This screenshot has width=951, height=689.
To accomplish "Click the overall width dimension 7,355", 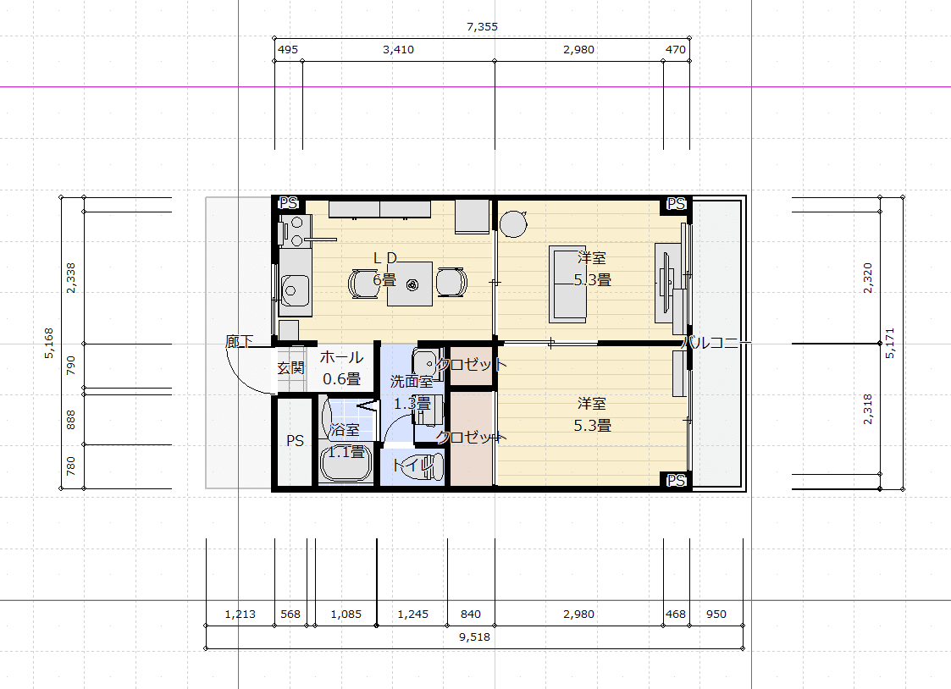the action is [482, 27].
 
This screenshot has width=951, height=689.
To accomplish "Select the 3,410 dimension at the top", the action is [399, 50].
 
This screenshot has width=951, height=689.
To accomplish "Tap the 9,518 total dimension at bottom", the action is [474, 637].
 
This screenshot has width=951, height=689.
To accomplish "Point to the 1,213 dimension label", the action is [241, 614].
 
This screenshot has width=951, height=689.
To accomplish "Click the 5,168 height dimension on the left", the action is [49, 343].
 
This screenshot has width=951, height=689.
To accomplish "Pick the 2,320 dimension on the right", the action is [867, 278].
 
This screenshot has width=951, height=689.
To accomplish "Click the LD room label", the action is [385, 258].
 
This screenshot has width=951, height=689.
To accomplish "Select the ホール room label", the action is [341, 357].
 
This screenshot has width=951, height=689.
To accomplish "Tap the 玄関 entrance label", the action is [290, 368].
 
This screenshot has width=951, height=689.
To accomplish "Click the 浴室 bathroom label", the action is [346, 430].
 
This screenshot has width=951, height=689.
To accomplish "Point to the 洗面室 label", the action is [412, 381].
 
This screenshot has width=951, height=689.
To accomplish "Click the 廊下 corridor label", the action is [239, 342].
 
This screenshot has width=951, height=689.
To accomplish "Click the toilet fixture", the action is [424, 466].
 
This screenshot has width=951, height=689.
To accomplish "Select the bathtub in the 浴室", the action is [346, 462].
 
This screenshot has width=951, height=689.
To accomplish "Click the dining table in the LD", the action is [410, 284].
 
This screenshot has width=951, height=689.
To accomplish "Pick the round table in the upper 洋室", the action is [514, 223].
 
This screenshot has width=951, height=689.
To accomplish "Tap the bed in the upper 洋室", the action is [567, 284].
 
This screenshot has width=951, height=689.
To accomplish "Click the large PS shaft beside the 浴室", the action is [295, 440].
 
